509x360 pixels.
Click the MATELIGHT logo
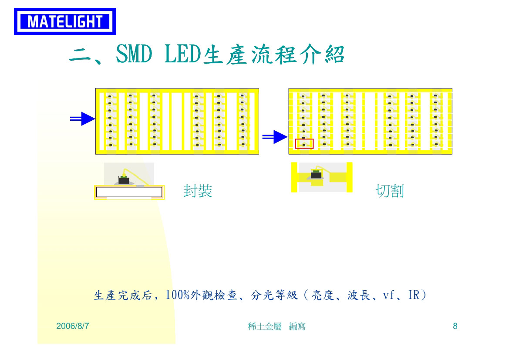point(65,21)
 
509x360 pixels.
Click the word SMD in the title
point(134,54)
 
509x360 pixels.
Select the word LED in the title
point(183,54)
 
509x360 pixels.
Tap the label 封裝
point(198,191)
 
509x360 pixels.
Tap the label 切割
point(390,191)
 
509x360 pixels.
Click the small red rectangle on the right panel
point(304,144)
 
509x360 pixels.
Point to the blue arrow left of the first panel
point(82,119)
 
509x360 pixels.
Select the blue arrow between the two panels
point(275,137)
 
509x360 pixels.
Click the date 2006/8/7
point(73,326)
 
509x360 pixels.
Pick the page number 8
point(455,326)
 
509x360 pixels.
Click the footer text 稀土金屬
point(265,326)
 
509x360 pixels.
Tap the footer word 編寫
point(297,326)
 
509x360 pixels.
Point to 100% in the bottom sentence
point(178,295)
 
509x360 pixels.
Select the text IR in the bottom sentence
point(414,295)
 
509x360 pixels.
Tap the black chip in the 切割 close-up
point(316,175)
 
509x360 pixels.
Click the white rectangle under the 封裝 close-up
point(129,192)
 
